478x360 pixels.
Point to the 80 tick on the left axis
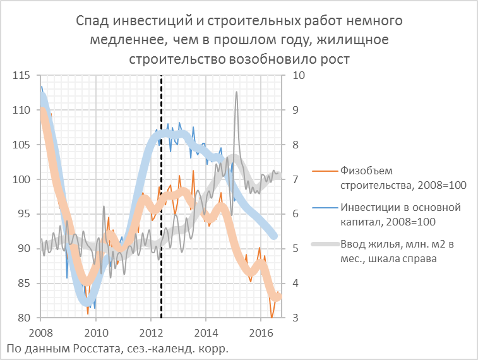(23, 318)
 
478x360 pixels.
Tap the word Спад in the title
(90, 21)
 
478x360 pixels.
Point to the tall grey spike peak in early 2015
(237, 92)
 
